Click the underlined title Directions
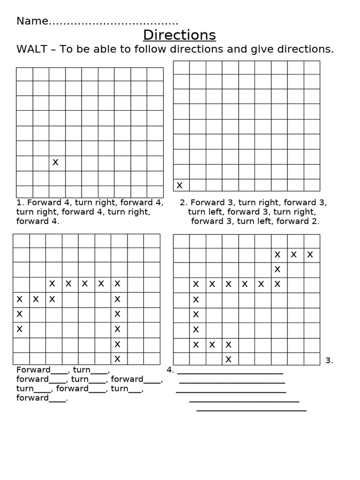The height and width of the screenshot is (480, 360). click(180, 35)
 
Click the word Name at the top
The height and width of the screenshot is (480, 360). click(32, 21)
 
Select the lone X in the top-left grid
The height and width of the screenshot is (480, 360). click(55, 162)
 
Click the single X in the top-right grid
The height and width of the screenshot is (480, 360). click(179, 185)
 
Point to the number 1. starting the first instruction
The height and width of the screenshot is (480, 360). click(20, 202)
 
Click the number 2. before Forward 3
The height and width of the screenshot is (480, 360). click(183, 202)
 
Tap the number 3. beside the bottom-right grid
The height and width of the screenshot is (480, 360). click(329, 360)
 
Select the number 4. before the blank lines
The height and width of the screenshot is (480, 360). click(170, 369)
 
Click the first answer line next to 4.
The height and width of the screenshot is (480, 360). click(230, 373)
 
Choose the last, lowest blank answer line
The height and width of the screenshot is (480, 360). click(251, 410)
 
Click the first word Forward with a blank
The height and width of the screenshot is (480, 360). click(33, 369)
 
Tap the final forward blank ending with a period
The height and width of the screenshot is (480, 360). click(42, 398)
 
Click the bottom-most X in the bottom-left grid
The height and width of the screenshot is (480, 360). click(118, 359)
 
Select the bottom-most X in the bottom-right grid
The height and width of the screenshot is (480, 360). click(228, 359)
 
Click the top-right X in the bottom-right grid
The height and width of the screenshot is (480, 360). click(310, 255)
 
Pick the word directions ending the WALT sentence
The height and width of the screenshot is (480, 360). click(307, 50)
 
